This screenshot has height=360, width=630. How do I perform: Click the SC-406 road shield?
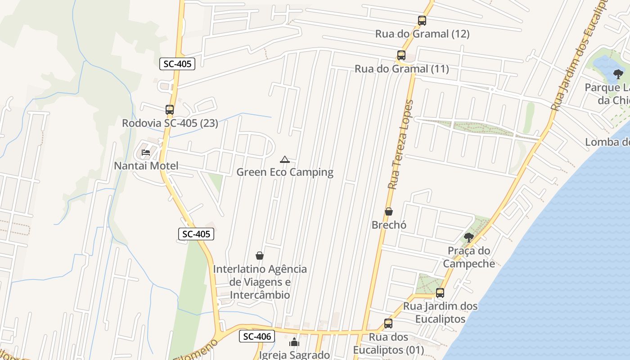click(x=256, y=336)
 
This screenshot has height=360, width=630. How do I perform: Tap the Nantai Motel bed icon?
click(x=146, y=153)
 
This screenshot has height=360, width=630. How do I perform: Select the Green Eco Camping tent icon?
click(x=284, y=159)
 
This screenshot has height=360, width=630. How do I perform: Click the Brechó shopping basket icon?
click(x=389, y=211)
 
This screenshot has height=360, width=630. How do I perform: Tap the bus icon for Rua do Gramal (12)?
click(x=422, y=20)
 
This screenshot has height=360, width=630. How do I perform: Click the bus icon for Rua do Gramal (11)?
click(x=401, y=55)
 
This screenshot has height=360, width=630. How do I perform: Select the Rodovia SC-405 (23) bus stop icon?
click(x=170, y=109)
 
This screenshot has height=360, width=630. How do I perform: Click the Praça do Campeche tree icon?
click(x=468, y=237)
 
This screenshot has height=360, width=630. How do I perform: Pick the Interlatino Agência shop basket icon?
click(x=260, y=256)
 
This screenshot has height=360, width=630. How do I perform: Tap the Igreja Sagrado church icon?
click(x=294, y=342)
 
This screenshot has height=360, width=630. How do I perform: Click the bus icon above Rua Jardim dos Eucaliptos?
click(x=440, y=292)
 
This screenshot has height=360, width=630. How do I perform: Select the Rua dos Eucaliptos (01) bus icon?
click(x=388, y=323)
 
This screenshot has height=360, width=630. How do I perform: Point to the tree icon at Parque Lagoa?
click(x=618, y=74)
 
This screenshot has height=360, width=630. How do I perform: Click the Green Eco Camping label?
click(x=285, y=172)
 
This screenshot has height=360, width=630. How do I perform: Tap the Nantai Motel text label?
click(x=146, y=166)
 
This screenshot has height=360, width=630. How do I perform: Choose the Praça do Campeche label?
click(x=468, y=257)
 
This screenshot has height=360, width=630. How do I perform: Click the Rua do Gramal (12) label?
click(x=422, y=34)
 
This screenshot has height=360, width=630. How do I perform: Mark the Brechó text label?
click(x=389, y=225)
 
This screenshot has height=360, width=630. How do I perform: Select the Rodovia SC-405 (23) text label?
click(x=170, y=123)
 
